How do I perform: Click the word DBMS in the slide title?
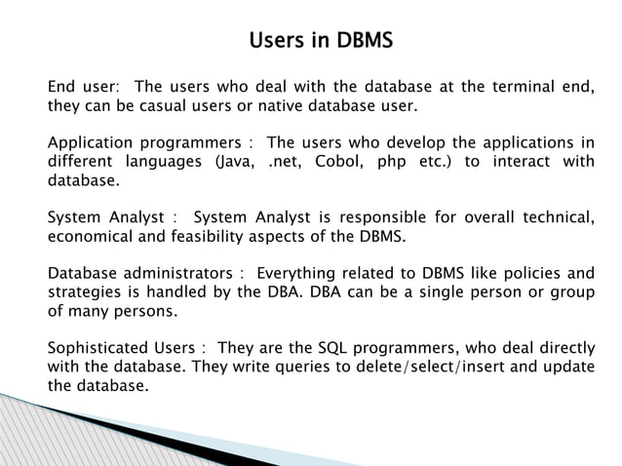click(x=365, y=42)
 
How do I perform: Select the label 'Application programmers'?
click(x=141, y=143)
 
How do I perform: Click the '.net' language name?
click(x=283, y=162)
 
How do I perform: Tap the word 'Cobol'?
click(x=338, y=162)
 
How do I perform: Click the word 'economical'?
click(x=91, y=235)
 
